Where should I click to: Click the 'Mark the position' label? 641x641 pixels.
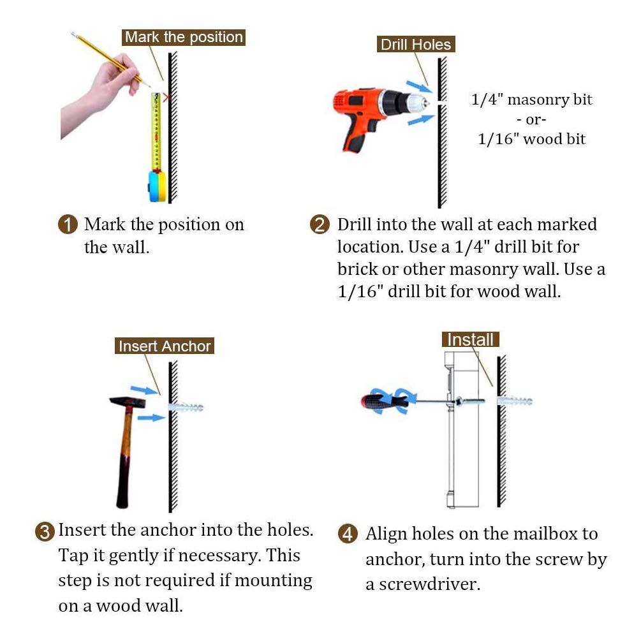(184, 37)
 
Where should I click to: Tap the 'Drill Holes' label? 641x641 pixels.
(416, 44)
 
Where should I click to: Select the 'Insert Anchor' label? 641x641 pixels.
(165, 346)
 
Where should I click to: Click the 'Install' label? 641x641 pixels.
(471, 339)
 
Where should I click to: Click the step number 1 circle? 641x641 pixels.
(68, 225)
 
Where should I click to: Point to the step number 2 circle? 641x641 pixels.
(320, 225)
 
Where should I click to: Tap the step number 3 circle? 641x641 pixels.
(45, 532)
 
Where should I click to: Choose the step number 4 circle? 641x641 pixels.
(348, 534)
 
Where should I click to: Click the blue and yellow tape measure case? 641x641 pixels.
(157, 186)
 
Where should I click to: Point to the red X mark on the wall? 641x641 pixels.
(166, 98)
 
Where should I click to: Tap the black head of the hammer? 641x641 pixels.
(128, 402)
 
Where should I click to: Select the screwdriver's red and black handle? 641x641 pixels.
(384, 401)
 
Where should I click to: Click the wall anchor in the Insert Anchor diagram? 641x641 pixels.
(186, 407)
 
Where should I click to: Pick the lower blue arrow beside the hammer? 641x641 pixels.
(151, 417)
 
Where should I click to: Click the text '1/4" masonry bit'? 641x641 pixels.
(531, 99)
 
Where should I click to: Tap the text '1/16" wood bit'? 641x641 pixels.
(531, 139)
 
